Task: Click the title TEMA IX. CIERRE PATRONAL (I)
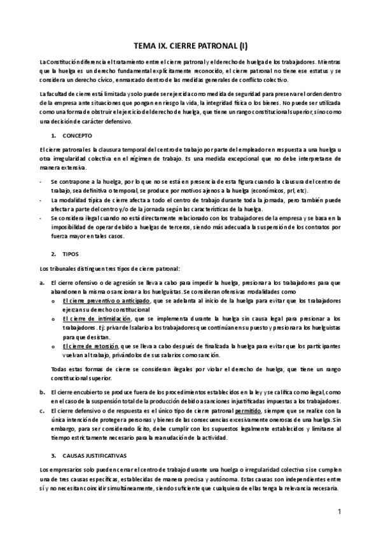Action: tap(190, 46)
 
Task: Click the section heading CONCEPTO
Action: tap(78, 136)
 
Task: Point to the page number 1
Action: tap(340, 512)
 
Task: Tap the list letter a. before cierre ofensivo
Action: tap(41, 282)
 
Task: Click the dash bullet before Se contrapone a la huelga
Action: tap(41, 181)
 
